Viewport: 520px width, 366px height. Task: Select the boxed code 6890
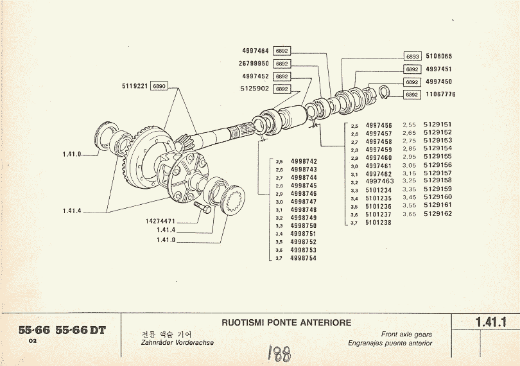click(159, 85)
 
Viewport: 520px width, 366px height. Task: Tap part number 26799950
click(254, 64)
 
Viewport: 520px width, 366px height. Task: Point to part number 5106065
click(439, 56)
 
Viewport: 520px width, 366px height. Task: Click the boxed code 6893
click(412, 57)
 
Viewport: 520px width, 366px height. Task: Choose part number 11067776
click(440, 94)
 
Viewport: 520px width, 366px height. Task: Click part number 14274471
click(160, 221)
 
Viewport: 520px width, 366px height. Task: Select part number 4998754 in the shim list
click(304, 258)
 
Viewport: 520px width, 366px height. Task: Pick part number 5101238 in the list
click(379, 222)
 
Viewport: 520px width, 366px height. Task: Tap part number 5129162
click(438, 214)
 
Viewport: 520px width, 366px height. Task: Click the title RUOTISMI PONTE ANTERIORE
click(286, 322)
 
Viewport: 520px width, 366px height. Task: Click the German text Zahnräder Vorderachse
click(177, 343)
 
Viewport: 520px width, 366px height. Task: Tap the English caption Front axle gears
click(406, 335)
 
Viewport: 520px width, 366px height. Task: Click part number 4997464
click(256, 50)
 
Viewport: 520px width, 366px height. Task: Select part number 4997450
click(439, 82)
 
